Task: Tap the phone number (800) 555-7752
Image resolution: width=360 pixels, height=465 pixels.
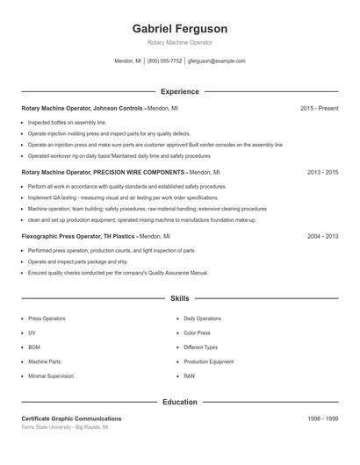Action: pos(164,61)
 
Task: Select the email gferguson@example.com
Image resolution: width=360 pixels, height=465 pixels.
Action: pos(217,61)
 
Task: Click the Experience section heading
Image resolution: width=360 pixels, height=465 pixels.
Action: pos(179,91)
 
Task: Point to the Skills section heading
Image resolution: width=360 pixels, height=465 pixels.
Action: pos(179,298)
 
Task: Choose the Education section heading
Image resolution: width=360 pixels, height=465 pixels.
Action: pos(179,402)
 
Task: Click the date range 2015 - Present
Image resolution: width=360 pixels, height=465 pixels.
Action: pos(319,108)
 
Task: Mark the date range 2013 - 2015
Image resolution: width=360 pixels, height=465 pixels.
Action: pos(322,173)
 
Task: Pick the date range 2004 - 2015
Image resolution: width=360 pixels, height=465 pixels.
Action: pos(322,236)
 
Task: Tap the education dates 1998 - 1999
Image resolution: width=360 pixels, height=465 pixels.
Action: pos(322,419)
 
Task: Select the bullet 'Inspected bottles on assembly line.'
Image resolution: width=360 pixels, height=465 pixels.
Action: pos(67,123)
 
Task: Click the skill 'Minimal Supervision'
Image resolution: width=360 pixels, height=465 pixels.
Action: pos(50,376)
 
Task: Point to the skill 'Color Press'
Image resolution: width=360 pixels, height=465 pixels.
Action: pos(197,333)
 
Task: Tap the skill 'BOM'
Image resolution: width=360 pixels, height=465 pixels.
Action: pos(33,347)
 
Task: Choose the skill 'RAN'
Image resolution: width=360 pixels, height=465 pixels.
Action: pos(189,376)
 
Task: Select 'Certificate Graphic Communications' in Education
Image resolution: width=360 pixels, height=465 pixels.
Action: pos(71,419)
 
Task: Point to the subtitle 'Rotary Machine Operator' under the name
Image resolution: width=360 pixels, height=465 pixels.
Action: pos(179,42)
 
